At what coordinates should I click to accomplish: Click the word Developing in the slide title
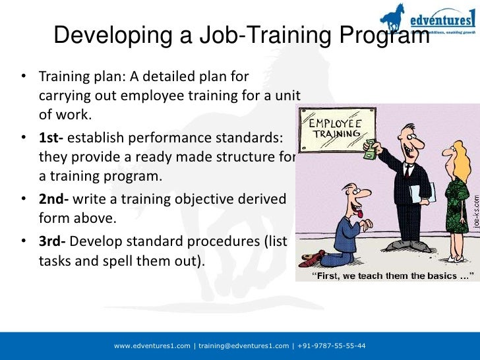click(105, 34)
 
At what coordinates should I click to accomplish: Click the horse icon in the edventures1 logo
click(394, 17)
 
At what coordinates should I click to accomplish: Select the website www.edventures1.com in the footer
click(152, 345)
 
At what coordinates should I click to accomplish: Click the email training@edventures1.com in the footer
click(243, 345)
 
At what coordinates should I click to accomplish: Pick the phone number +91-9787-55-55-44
click(332, 345)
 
